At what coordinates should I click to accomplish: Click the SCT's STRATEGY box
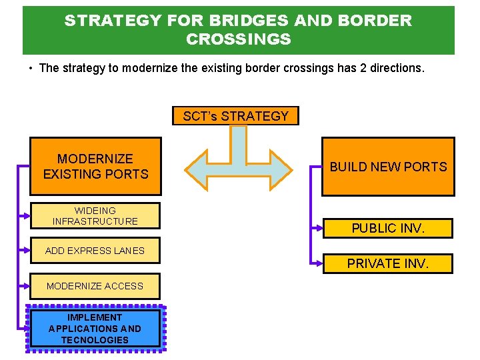coord(235,116)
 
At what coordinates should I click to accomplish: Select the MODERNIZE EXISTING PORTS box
coord(95,167)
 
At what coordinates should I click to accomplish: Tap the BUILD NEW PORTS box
coord(388,167)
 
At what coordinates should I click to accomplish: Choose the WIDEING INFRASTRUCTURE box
coord(95,215)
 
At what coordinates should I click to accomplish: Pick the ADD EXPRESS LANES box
coord(95,251)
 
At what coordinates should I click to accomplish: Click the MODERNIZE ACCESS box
coord(95,286)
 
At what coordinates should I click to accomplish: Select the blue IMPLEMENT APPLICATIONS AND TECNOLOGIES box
coord(95,328)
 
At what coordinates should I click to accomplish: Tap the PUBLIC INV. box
coord(388,228)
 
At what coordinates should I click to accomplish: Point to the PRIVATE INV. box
coord(388,263)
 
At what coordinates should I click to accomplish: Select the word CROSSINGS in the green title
coord(239,39)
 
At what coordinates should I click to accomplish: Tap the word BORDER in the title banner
coord(377,21)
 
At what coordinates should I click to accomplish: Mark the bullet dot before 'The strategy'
coord(31,69)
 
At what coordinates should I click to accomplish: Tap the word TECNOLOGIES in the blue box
coord(95,340)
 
